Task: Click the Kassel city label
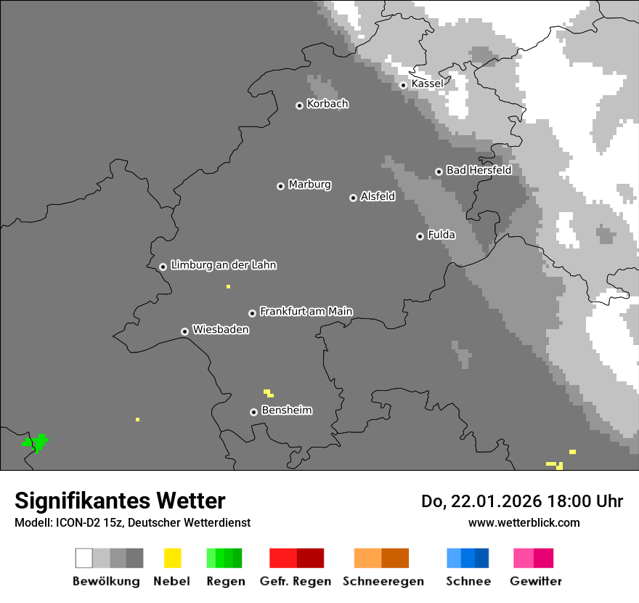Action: (427, 84)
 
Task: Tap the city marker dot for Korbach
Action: (299, 105)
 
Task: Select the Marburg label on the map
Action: (309, 185)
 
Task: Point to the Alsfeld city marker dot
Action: (353, 198)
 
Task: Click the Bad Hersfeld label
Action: (479, 170)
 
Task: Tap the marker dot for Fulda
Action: (420, 236)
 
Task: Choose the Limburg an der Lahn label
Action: (223, 265)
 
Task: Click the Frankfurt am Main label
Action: (306, 311)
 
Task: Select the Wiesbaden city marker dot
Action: (184, 331)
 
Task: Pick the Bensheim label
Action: (286, 410)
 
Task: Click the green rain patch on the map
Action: (36, 442)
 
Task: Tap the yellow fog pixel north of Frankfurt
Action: (228, 287)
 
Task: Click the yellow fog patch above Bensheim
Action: (269, 393)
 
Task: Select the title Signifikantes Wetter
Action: (120, 501)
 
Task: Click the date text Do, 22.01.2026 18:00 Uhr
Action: (522, 501)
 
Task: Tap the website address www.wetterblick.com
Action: (524, 522)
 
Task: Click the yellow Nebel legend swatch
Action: (172, 558)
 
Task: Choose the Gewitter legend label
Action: (535, 581)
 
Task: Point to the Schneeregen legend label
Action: (383, 581)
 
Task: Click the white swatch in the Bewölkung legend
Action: (84, 558)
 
